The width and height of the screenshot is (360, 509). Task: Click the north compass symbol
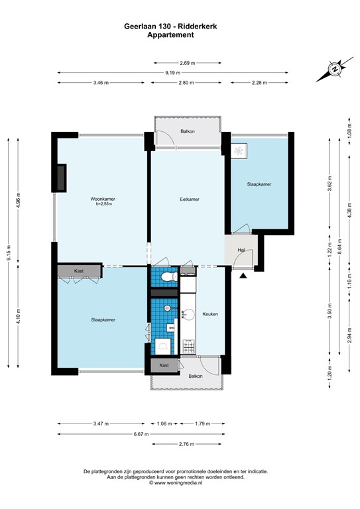point(335,68)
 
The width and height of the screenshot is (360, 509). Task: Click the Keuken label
point(210,313)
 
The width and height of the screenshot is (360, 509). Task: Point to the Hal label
point(242,250)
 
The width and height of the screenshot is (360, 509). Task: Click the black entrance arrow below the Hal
point(243,275)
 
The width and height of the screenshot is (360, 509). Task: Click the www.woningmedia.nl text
point(180,483)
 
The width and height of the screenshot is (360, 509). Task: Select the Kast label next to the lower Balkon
point(164,365)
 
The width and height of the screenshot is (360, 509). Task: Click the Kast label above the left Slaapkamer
point(79,271)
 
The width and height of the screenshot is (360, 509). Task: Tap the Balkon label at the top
point(188,132)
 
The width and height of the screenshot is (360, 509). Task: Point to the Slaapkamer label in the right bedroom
point(259,184)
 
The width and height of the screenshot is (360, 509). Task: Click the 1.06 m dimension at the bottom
point(163,424)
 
